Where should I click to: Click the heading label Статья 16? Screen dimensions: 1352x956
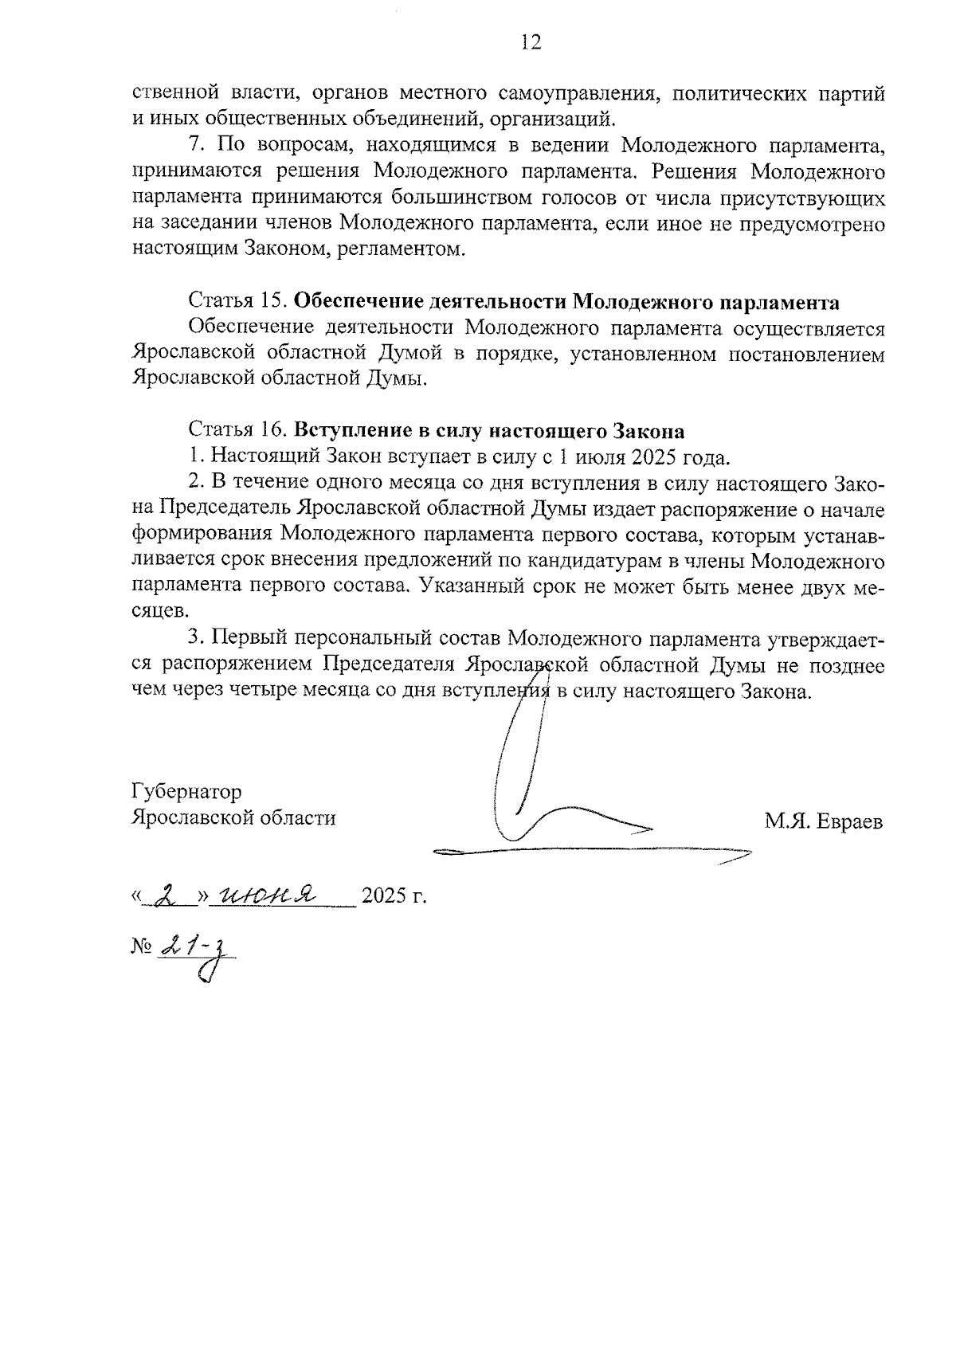pyautogui.click(x=237, y=431)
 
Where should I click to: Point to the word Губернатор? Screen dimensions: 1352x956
pyautogui.click(x=186, y=792)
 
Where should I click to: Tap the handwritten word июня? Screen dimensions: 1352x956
pyautogui.click(x=266, y=894)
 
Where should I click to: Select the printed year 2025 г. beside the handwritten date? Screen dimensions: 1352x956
pyautogui.click(x=394, y=896)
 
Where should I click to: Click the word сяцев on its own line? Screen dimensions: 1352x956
pyautogui.click(x=160, y=612)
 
